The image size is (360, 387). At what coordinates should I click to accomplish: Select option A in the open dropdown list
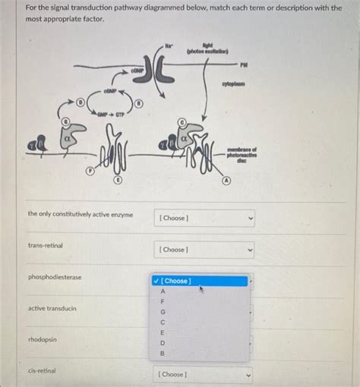click(x=162, y=291)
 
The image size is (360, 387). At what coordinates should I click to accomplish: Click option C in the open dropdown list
click(x=162, y=322)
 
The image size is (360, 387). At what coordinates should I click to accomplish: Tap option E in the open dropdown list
click(x=162, y=332)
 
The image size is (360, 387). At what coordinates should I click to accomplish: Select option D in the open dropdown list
click(x=162, y=342)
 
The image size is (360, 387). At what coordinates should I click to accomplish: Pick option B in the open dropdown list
click(x=162, y=353)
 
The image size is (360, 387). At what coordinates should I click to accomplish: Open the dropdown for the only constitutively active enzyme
click(x=204, y=218)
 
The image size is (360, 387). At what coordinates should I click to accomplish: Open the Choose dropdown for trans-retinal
click(x=204, y=250)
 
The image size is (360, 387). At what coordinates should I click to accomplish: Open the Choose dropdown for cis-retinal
click(x=204, y=374)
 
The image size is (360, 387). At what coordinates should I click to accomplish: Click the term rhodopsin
click(x=43, y=339)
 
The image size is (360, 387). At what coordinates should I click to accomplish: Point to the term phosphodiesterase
click(x=55, y=277)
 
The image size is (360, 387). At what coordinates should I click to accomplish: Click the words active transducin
click(x=52, y=308)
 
